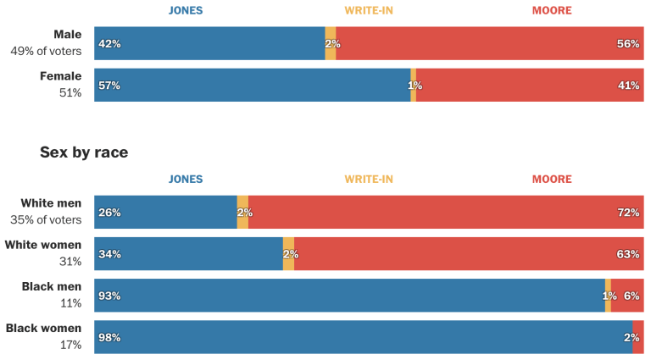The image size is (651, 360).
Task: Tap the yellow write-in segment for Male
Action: click(330, 43)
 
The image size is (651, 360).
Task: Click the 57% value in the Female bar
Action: click(109, 86)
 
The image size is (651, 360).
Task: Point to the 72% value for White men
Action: click(628, 213)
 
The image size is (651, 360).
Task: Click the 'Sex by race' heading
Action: click(84, 152)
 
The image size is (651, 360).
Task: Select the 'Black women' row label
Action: click(43, 329)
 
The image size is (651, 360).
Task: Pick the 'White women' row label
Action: click(43, 246)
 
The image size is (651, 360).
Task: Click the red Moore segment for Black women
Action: click(637, 337)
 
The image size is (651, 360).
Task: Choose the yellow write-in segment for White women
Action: click(288, 254)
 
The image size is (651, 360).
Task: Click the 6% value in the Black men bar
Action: click(632, 296)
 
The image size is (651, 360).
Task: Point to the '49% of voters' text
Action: click(46, 51)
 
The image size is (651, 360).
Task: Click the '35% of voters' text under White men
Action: click(46, 220)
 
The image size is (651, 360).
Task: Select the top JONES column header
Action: click(186, 11)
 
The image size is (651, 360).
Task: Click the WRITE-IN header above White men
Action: click(368, 180)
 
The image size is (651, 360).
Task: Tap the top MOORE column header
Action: click(552, 11)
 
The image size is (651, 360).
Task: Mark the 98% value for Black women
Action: click(109, 337)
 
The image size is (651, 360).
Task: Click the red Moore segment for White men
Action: click(441, 213)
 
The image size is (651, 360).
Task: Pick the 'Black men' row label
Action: click(52, 287)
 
